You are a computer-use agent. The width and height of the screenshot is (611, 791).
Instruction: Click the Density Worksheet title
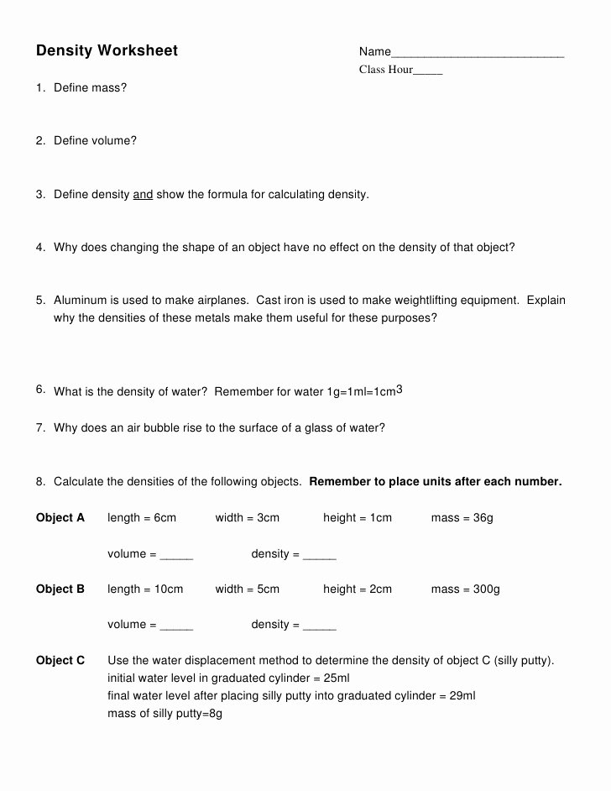107,51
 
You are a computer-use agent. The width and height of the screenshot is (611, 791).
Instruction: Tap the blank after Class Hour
428,72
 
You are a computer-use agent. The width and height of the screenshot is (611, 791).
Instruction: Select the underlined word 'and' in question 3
143,195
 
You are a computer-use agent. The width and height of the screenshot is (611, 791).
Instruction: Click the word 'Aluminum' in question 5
81,301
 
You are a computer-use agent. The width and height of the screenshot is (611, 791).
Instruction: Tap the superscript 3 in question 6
399,390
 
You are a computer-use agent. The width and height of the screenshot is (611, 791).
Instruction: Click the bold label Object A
60,518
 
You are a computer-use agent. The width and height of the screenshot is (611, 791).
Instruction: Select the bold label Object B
60,589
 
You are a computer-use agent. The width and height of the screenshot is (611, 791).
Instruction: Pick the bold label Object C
60,661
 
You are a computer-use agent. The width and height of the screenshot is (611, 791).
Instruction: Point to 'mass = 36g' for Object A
462,518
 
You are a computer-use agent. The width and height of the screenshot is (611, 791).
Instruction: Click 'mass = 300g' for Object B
465,589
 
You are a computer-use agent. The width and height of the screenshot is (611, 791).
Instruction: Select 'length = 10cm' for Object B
145,589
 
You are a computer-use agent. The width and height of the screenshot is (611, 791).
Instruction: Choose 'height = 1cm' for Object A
357,518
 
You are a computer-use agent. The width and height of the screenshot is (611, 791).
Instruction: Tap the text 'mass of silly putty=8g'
164,714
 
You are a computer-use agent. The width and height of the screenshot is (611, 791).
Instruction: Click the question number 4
40,248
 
